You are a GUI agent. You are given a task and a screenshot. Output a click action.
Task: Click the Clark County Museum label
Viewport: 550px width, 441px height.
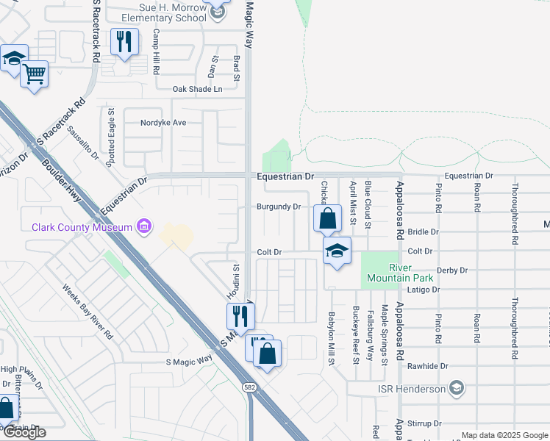pos(82,226)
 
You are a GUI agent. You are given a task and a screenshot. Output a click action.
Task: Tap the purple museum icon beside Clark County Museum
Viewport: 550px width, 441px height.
pos(145,226)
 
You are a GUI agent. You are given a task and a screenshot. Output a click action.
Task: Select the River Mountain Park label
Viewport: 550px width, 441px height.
pos(401,273)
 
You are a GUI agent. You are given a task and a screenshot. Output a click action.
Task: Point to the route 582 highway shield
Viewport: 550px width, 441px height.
pos(251,387)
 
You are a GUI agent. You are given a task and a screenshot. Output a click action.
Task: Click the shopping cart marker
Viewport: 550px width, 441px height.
pos(35,73)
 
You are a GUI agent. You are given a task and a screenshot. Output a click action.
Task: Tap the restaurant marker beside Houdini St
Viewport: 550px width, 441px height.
pos(240,315)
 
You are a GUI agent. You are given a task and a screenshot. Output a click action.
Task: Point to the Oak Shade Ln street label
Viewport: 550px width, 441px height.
pos(196,89)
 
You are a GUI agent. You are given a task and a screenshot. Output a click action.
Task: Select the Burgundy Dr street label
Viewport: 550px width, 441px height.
pos(278,207)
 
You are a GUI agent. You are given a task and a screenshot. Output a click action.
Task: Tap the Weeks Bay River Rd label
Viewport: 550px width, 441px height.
pos(87,312)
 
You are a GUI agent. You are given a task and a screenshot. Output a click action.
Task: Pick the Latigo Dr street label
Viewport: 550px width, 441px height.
pos(424,290)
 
